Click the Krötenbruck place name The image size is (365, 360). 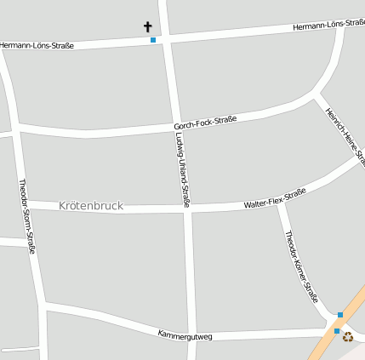click(91, 206)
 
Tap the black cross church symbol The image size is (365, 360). click(148, 27)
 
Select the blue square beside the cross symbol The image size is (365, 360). click(153, 40)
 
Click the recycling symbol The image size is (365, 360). click(347, 336)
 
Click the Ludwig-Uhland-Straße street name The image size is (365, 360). click(182, 170)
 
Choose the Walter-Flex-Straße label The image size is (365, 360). click(274, 200)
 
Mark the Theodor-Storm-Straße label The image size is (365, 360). click(27, 216)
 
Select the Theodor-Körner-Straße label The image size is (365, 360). click(301, 267)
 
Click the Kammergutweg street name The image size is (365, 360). click(185, 334)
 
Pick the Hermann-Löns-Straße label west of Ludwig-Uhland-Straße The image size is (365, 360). click(37, 45)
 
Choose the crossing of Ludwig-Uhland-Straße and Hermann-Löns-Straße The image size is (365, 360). click(166, 38)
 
